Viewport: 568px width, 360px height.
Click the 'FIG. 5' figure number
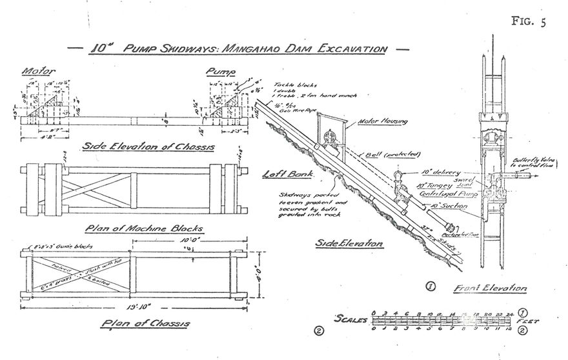point(527,21)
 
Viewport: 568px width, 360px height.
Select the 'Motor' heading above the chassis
point(37,70)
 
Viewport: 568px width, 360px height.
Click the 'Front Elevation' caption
point(491,288)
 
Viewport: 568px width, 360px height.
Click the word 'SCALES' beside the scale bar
point(350,318)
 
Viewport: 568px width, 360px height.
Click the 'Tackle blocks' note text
point(291,85)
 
